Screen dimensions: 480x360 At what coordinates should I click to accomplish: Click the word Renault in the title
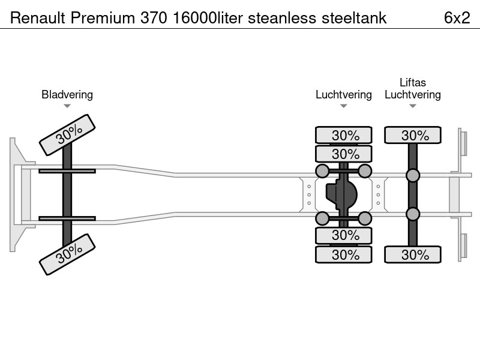(x=38, y=18)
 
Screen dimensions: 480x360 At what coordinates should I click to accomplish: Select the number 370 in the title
(x=154, y=18)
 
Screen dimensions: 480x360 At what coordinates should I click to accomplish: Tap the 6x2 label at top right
(x=457, y=18)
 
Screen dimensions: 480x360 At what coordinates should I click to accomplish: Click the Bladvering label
(x=67, y=95)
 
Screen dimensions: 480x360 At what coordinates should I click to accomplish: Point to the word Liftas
(x=413, y=82)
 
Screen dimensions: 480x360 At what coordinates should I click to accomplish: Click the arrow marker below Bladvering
(x=67, y=106)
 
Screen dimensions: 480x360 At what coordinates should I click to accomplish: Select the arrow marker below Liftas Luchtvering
(x=413, y=106)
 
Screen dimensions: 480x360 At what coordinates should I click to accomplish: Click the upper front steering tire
(x=67, y=134)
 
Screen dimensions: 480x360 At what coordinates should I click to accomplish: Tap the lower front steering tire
(x=67, y=254)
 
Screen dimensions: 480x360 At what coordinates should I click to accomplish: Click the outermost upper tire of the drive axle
(x=343, y=134)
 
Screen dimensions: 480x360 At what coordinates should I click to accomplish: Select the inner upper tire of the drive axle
(x=343, y=154)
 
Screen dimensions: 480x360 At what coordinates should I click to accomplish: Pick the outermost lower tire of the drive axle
(x=343, y=254)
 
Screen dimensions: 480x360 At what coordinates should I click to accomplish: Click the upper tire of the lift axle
(x=413, y=134)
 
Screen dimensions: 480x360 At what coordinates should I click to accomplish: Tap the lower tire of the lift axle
(x=413, y=254)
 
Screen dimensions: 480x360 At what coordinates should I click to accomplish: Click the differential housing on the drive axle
(x=341, y=194)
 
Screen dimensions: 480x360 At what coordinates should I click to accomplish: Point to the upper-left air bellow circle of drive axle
(x=322, y=171)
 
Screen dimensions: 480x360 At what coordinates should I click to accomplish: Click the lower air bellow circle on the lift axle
(x=413, y=214)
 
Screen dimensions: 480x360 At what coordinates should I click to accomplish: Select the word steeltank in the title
(x=354, y=18)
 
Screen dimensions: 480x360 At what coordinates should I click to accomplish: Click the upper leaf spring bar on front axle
(x=67, y=171)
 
